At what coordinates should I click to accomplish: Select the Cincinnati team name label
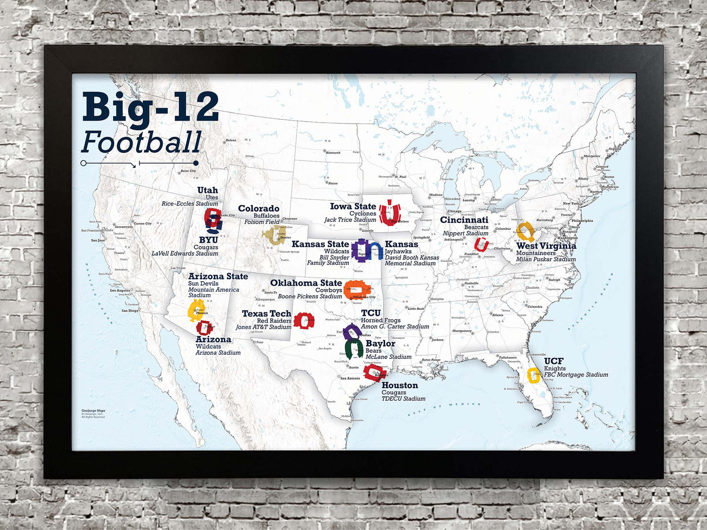pos(464,220)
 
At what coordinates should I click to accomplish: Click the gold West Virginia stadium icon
pos(526,232)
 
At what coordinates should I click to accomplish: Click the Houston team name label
pos(399,385)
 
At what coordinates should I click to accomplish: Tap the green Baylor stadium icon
pos(355,349)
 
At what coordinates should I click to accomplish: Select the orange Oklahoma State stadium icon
pos(357,289)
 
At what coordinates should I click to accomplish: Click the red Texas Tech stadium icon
pos(304,321)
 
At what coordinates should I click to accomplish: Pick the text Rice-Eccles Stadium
pos(189,203)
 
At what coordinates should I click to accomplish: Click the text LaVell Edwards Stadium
pos(185,253)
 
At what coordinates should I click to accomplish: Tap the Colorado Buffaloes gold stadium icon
pos(273,236)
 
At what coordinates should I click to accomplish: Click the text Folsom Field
pos(262,222)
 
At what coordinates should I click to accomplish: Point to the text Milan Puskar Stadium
pos(545,259)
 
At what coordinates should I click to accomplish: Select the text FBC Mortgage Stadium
pos(576,375)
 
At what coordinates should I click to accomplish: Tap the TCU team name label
pos(371,313)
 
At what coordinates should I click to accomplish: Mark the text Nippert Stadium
pos(465,233)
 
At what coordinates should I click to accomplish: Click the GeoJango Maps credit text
pos(93,411)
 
